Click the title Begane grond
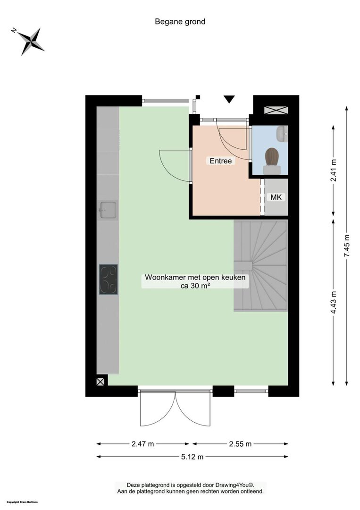coord(180,22)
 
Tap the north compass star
coord(30,41)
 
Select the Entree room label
coord(221,161)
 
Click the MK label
coord(276,197)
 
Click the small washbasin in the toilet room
coord(282,134)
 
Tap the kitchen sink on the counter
coord(108,210)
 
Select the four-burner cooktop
coord(109,280)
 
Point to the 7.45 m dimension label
coord(347,246)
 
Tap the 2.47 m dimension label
coord(142,444)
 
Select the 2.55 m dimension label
coord(241,444)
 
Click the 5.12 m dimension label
coord(193,457)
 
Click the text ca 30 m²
coord(195,286)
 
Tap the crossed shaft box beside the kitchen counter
coord(100,382)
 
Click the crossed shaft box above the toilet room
coord(276,110)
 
